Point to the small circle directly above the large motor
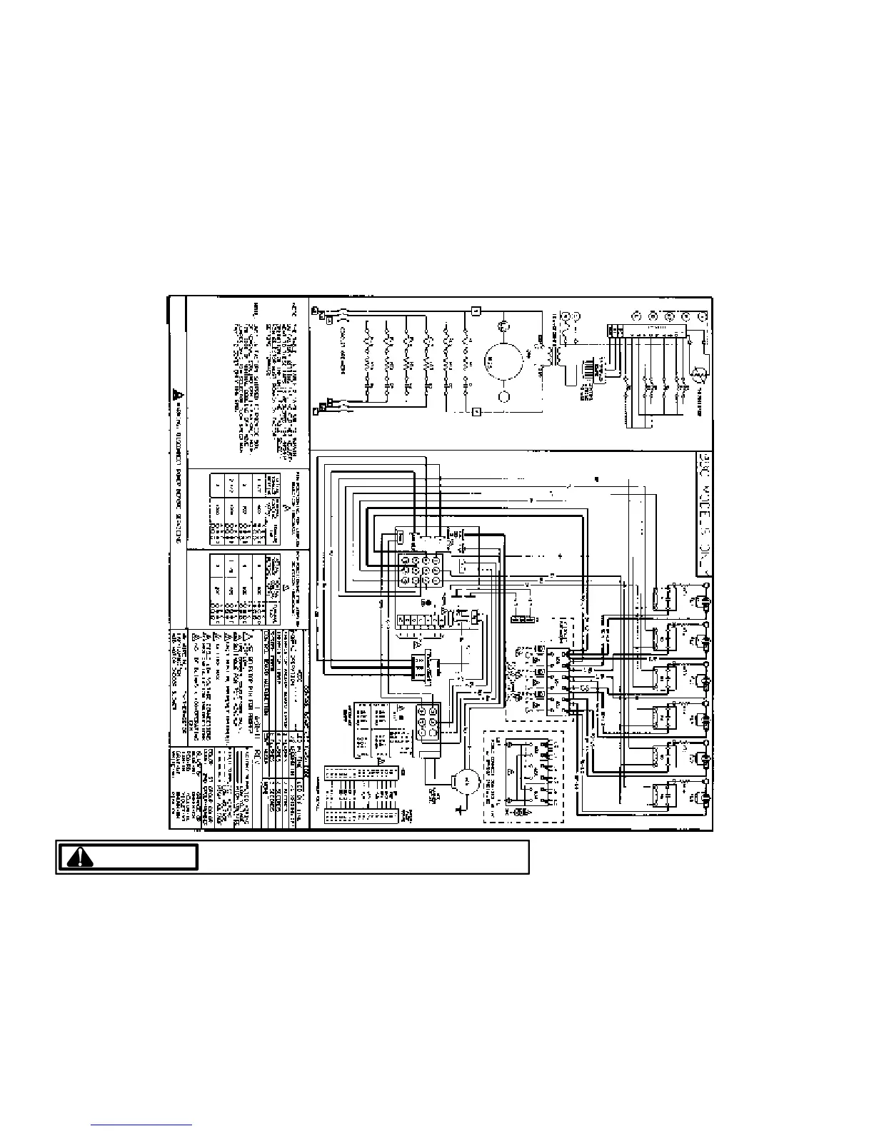click(x=504, y=326)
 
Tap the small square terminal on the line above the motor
click(x=476, y=311)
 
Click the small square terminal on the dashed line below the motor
click(x=476, y=412)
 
